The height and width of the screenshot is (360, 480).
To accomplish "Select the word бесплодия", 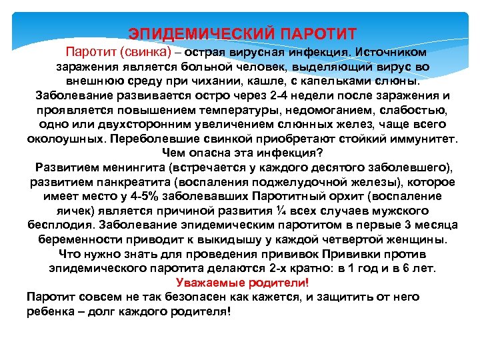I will (x=59, y=225).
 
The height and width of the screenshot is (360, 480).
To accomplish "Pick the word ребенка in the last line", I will (x=52, y=311).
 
